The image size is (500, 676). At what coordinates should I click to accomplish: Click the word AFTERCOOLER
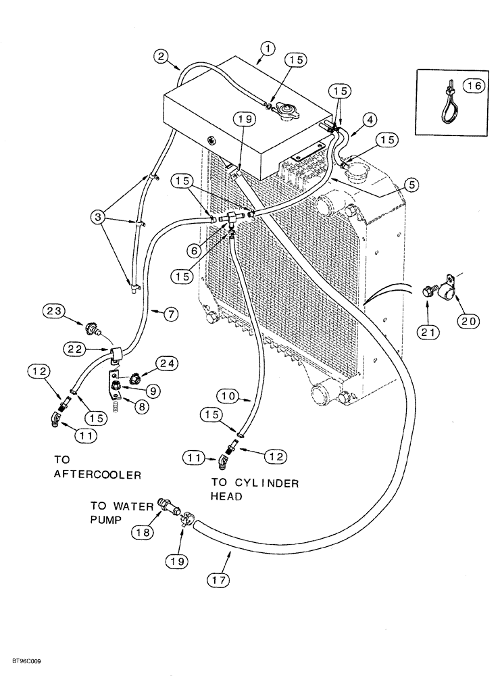[97, 475]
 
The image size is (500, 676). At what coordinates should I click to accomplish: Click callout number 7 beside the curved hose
[172, 313]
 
